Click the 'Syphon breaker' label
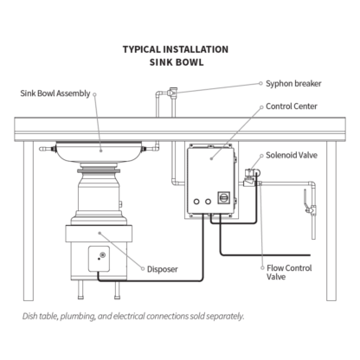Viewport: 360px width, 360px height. [x=293, y=84]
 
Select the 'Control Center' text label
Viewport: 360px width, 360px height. [x=292, y=106]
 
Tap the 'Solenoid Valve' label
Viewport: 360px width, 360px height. [x=292, y=155]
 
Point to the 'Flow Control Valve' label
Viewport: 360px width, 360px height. [x=289, y=273]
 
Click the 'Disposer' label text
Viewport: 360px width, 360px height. [x=163, y=269]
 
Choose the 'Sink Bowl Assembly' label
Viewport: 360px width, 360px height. [x=55, y=93]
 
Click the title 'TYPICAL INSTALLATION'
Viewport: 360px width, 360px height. [x=176, y=49]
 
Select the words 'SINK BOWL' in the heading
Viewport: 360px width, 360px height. [x=177, y=62]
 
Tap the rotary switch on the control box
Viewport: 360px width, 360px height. [x=223, y=197]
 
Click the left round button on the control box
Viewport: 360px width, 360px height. [x=196, y=202]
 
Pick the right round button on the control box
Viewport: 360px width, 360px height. [x=208, y=202]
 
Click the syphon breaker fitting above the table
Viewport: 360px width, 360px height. [x=173, y=93]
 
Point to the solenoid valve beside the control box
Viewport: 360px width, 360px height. [x=251, y=177]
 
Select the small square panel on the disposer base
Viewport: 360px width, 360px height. [x=99, y=259]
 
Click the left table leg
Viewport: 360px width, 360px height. [x=29, y=221]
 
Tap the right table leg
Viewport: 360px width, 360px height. [x=331, y=221]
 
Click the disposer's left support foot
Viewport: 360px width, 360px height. [x=80, y=290]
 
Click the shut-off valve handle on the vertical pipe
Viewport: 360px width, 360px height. [x=305, y=197]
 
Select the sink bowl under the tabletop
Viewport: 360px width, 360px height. [x=99, y=151]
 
